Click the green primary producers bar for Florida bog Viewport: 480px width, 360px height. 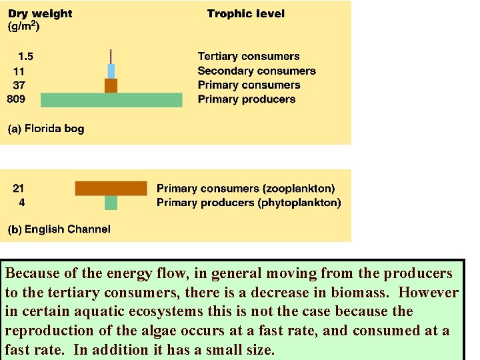pos(111,100)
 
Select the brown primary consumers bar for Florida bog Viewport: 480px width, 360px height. pos(111,85)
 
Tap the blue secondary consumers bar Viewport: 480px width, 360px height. pos(111,71)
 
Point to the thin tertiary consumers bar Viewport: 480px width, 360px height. pos(111,56)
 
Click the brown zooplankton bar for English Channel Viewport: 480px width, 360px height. pos(111,188)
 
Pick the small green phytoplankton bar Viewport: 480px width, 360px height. pos(111,203)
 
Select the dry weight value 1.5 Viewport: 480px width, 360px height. pos(25,57)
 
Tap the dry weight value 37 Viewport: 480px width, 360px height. pos(19,85)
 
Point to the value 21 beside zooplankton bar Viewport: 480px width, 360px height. pos(19,189)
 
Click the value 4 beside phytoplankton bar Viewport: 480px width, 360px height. pos(22,203)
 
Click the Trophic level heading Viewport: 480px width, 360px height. pos(245,13)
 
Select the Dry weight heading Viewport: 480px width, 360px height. pos(40,13)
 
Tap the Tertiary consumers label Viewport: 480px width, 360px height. pos(249,57)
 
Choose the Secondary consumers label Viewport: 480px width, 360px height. pos(257,71)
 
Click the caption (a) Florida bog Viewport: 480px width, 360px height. pos(46,128)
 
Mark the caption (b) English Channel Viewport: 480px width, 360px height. pos(59,229)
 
